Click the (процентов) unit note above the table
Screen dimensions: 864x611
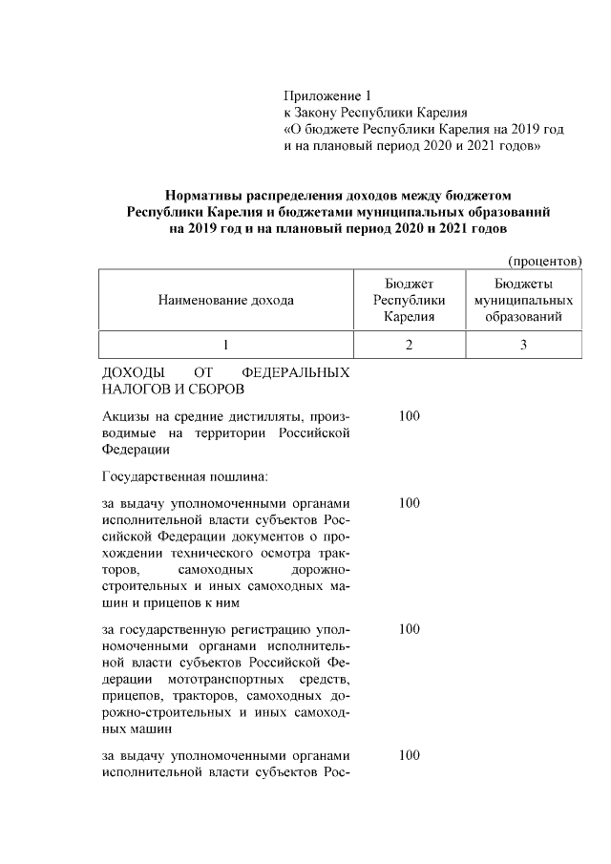pos(543,261)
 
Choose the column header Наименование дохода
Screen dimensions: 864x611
pos(226,300)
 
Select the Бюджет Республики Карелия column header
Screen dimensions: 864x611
pos(409,300)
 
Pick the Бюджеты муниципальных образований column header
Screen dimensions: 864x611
pos(523,300)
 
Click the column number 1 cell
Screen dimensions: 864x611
pos(226,345)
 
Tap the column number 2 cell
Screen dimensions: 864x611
pos(409,345)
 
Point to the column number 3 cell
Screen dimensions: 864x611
pos(523,345)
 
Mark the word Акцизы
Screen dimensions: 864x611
pos(127,416)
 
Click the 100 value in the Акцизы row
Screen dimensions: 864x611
pos(409,416)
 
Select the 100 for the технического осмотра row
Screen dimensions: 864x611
pos(409,502)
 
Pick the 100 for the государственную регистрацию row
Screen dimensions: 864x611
pos(409,629)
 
